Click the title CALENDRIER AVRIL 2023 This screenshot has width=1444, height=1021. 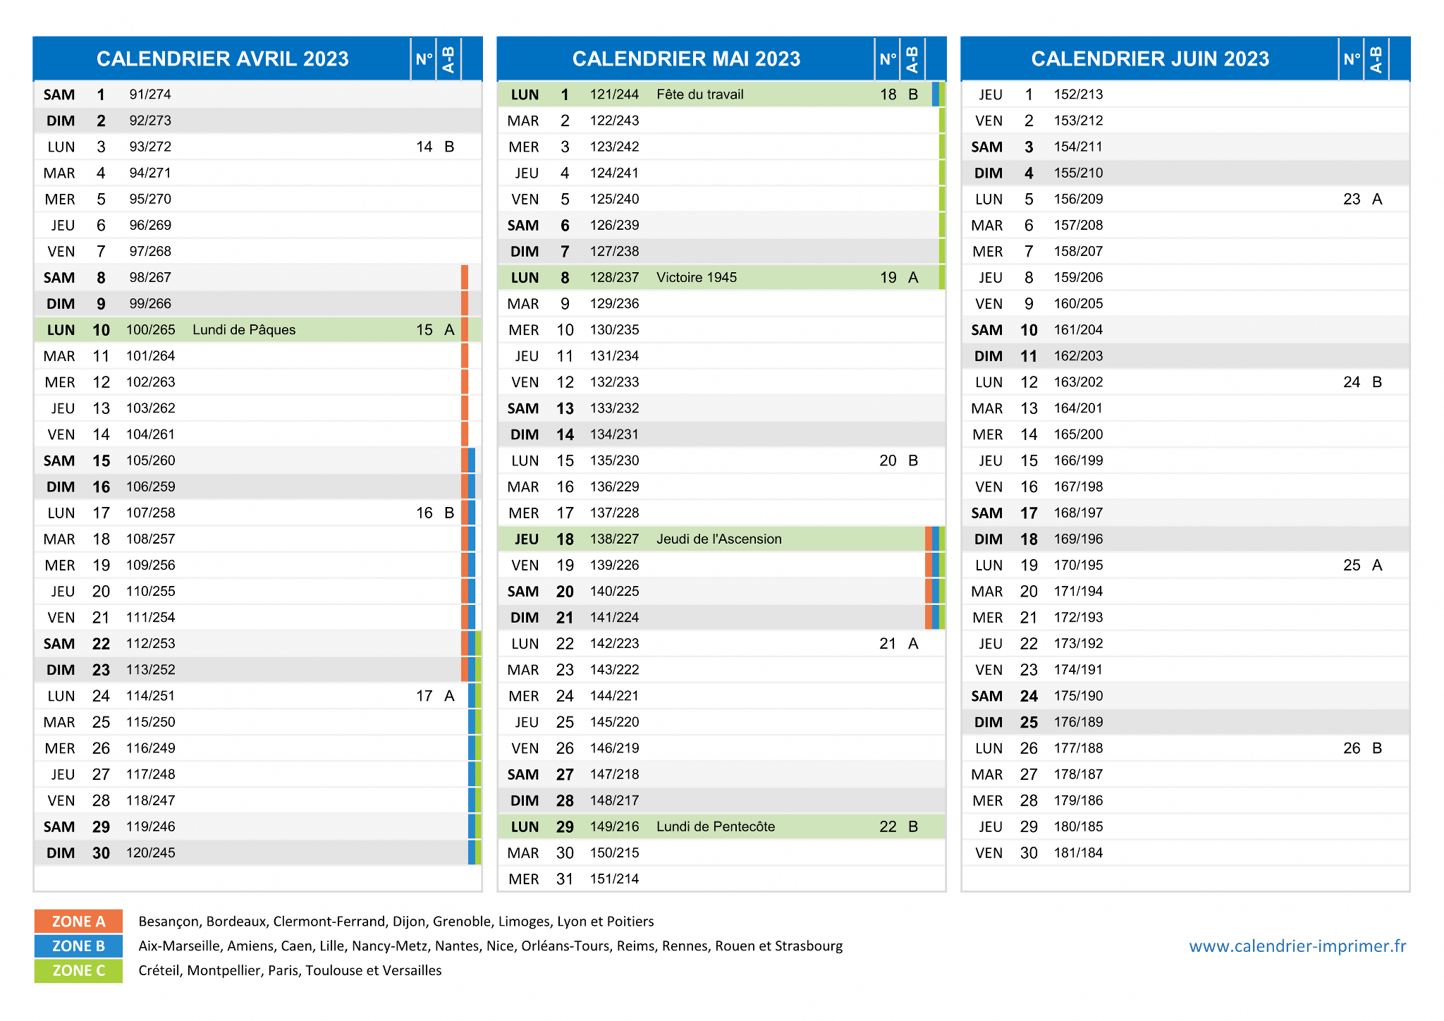[222, 59]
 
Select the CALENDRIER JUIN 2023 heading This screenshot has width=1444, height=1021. [1150, 59]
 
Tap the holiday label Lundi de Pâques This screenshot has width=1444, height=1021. [244, 330]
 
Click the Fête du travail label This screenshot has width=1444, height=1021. [699, 94]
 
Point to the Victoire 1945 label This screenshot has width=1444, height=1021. [696, 278]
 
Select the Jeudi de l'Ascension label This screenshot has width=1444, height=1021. [718, 539]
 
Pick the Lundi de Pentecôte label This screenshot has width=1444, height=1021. [716, 826]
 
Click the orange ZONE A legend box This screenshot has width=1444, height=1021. [78, 922]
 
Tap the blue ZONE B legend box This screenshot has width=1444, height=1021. [78, 946]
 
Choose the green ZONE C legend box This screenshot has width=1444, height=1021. [78, 971]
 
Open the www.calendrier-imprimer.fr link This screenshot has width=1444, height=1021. [1297, 946]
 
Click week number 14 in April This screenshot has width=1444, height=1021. [424, 147]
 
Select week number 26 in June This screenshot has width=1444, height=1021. [1352, 748]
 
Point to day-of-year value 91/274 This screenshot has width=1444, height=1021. [150, 94]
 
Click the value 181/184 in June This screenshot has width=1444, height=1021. [1078, 853]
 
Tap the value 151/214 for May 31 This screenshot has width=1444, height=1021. [614, 879]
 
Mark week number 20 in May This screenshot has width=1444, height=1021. [888, 461]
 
